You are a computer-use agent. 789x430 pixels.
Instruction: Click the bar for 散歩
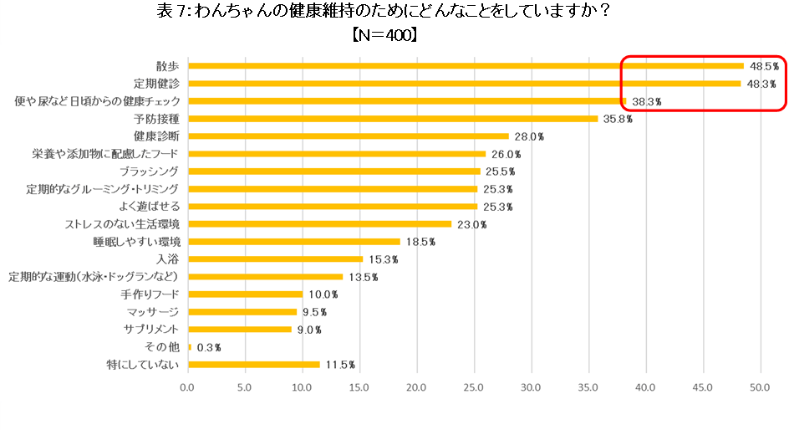[466, 66]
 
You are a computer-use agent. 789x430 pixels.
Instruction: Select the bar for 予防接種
[393, 119]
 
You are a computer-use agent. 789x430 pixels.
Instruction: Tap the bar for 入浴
[276, 259]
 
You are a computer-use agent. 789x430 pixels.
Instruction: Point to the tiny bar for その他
[190, 347]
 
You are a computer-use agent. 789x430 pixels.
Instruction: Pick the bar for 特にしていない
[254, 365]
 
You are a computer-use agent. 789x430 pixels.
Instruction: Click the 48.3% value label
[761, 84]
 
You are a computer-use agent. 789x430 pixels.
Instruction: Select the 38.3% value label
[646, 101]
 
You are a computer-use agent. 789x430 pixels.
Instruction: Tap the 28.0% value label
[528, 136]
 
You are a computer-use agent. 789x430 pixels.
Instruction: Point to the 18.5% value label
[420, 242]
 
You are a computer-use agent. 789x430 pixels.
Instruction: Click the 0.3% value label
[208, 347]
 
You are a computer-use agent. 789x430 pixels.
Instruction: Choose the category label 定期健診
[157, 84]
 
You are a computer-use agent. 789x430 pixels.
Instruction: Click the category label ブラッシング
[150, 171]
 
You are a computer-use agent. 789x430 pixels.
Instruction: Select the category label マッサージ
[151, 312]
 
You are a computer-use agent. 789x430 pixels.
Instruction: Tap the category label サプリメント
[150, 330]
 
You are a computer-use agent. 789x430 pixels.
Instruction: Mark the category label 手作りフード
[150, 294]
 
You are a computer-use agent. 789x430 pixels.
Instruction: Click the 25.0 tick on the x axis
[474, 387]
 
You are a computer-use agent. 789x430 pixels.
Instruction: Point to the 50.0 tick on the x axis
[760, 387]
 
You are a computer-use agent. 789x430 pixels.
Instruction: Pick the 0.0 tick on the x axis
[188, 387]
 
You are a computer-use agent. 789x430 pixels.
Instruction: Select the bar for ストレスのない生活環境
[320, 224]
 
